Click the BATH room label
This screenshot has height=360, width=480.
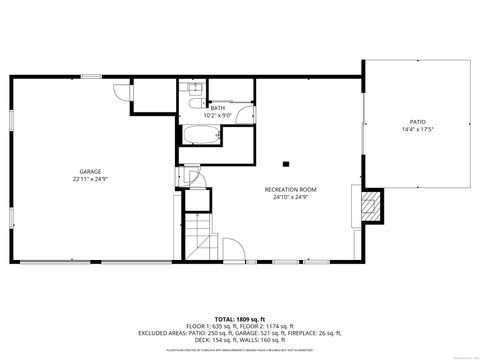pos(217,108)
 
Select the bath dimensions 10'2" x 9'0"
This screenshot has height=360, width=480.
pos(217,116)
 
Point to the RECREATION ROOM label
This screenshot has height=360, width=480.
pos(291,189)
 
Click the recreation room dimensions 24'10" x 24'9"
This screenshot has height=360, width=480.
pos(291,197)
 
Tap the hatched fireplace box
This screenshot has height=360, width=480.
pos(371,205)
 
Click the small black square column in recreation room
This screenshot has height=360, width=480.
pos(286,162)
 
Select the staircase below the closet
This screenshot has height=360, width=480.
pos(201,240)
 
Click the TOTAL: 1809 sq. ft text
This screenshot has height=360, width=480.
pos(239,319)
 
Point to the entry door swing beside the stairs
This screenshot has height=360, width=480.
pos(231,251)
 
